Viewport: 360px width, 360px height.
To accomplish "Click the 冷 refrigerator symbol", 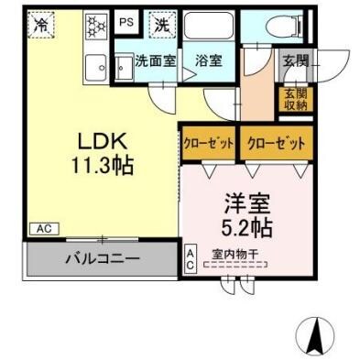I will coord(41,26).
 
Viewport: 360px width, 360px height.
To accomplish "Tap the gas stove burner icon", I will coord(94,26).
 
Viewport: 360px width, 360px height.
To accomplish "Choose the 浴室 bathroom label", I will coord(208,62).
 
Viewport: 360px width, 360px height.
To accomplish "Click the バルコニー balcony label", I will coord(101,258).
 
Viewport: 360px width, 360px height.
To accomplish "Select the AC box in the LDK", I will coord(42,228).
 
